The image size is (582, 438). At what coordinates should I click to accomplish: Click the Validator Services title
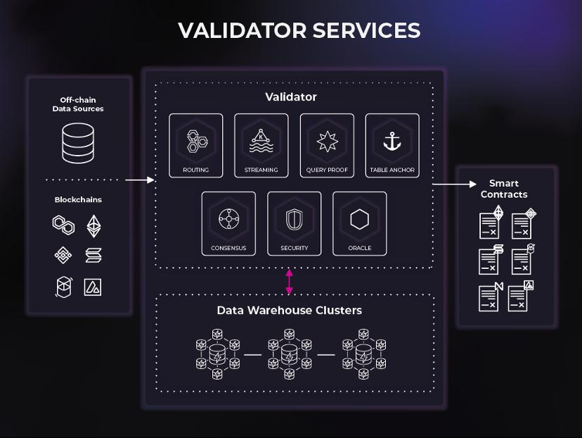pos(299,30)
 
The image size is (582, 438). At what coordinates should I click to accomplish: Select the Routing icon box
pos(195,145)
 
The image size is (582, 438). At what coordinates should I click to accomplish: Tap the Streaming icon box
pos(261,145)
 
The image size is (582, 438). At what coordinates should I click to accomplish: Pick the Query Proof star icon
pos(327,141)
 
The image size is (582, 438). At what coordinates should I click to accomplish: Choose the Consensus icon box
pos(228,223)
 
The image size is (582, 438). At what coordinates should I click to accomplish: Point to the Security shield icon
pos(294,220)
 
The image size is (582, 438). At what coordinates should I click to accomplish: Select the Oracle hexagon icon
pos(359,220)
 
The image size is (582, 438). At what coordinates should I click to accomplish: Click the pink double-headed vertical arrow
pos(289,281)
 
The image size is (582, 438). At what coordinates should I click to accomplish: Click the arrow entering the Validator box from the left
pos(140,180)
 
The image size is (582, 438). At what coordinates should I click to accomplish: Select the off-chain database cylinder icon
pos(77,143)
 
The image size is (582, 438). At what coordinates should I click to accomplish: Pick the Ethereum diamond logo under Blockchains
pos(93,226)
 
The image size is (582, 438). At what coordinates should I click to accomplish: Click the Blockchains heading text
pos(78,199)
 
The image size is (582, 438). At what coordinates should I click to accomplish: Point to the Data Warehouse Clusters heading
pos(289,310)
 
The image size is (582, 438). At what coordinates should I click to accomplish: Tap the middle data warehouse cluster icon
pos(289,354)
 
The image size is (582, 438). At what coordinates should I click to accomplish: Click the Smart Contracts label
pos(504,189)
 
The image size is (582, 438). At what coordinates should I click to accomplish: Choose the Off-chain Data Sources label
pos(78,104)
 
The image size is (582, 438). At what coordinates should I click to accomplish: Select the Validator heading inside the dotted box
pos(290,97)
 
